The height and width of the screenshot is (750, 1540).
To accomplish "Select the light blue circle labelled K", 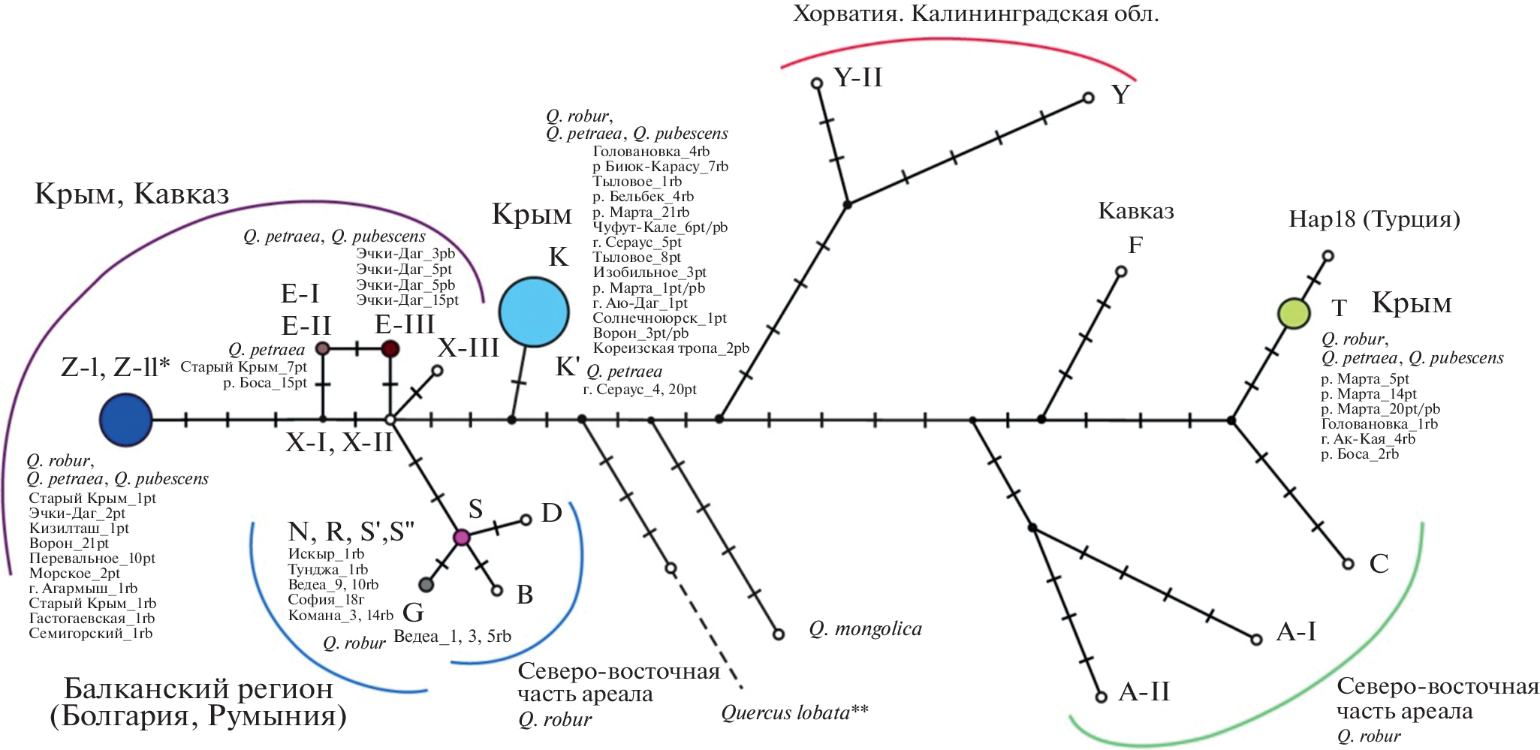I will (x=534, y=312).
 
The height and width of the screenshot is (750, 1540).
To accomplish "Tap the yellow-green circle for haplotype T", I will (x=1294, y=313).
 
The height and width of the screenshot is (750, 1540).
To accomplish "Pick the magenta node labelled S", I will (x=462, y=537).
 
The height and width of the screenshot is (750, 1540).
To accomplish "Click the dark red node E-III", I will (x=390, y=348).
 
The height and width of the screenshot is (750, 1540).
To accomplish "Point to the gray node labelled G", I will (x=426, y=584).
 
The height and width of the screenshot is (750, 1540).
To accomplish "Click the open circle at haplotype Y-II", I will (x=817, y=83).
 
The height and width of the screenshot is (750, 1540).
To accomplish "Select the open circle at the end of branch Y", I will (x=1088, y=98).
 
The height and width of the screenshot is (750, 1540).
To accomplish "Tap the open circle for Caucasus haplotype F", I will (x=1121, y=271).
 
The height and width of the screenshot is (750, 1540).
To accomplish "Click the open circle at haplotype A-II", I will (x=1102, y=697).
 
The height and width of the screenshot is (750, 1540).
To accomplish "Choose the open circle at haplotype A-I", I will (x=1256, y=640).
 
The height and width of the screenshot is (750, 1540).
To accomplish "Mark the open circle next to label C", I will (x=1348, y=563).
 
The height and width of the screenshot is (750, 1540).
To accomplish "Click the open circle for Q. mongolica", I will (x=779, y=634).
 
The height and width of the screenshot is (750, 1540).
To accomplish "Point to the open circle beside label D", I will (x=526, y=519).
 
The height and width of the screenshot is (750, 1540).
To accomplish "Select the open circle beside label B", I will (x=496, y=591).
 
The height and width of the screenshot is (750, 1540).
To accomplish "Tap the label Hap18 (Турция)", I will (x=1374, y=219).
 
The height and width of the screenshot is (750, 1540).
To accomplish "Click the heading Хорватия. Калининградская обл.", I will (x=975, y=14).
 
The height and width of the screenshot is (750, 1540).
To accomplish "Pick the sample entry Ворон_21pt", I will (x=68, y=543).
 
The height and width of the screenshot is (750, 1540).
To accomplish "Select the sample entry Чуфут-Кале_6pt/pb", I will (x=659, y=227).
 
